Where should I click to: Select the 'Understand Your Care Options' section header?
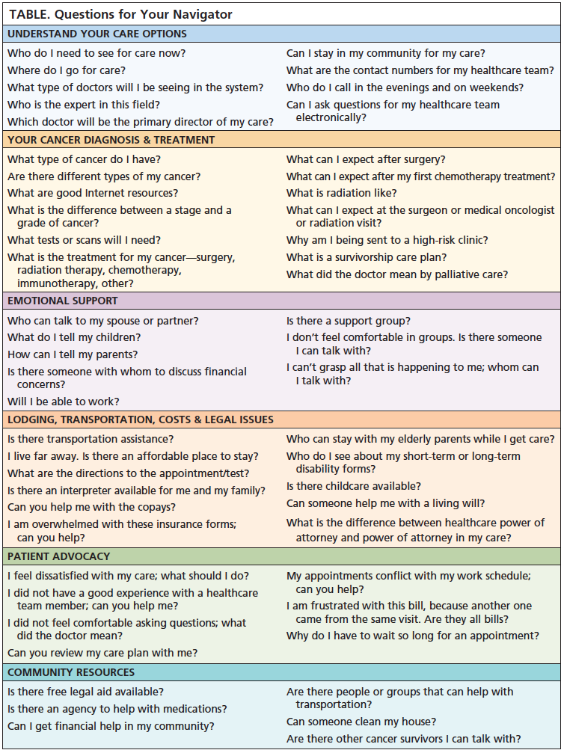coord(97,34)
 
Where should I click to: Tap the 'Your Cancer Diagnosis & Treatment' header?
coord(111,140)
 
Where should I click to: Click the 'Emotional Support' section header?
coord(63,301)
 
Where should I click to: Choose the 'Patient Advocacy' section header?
coord(58,556)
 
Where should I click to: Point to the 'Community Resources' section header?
coord(71,672)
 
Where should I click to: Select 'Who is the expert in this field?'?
coord(84,105)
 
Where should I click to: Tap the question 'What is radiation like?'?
coord(341,193)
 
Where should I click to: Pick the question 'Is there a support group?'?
coord(349,321)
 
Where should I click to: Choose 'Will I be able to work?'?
coord(64,402)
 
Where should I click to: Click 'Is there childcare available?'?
coord(354,486)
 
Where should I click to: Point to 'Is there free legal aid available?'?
coord(86,692)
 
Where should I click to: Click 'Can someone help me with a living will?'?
coord(385,503)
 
